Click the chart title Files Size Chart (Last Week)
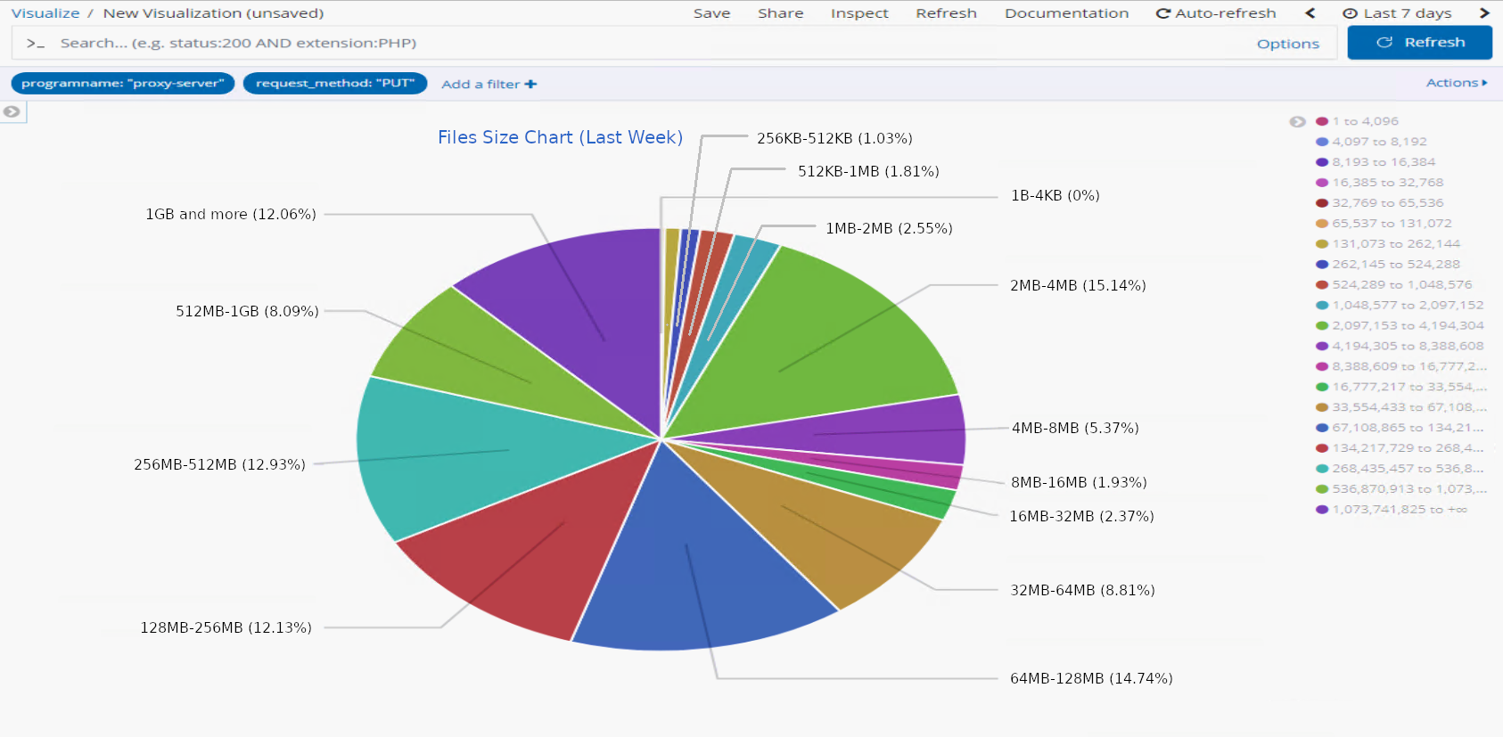(560, 137)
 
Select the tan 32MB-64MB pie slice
(829, 535)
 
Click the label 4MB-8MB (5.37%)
(1075, 428)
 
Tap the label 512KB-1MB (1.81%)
(868, 171)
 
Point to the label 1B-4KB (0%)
(1055, 195)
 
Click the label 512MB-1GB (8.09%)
(247, 311)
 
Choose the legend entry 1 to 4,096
(1365, 121)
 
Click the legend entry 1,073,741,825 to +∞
(1399, 510)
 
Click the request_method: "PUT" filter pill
(335, 83)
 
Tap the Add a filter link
(489, 84)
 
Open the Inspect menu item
(859, 13)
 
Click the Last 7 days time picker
(1397, 13)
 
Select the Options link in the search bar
(1287, 44)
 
